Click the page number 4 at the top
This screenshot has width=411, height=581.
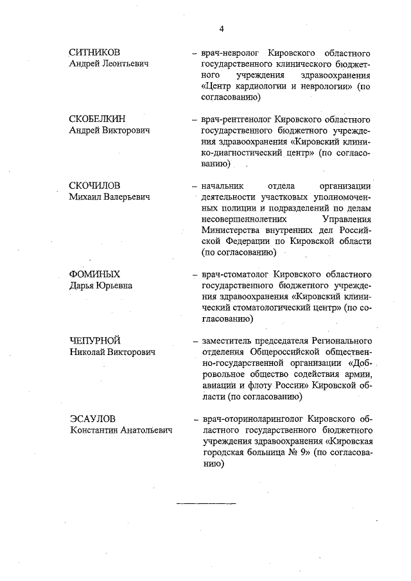[222, 29]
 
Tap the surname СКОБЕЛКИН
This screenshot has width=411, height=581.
[97, 119]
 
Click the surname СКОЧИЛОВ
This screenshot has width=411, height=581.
[95, 186]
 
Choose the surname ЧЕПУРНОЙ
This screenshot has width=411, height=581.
[95, 340]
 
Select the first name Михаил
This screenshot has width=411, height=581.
[85, 197]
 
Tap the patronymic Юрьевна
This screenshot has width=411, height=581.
[116, 286]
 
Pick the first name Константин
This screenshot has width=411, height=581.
[96, 430]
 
